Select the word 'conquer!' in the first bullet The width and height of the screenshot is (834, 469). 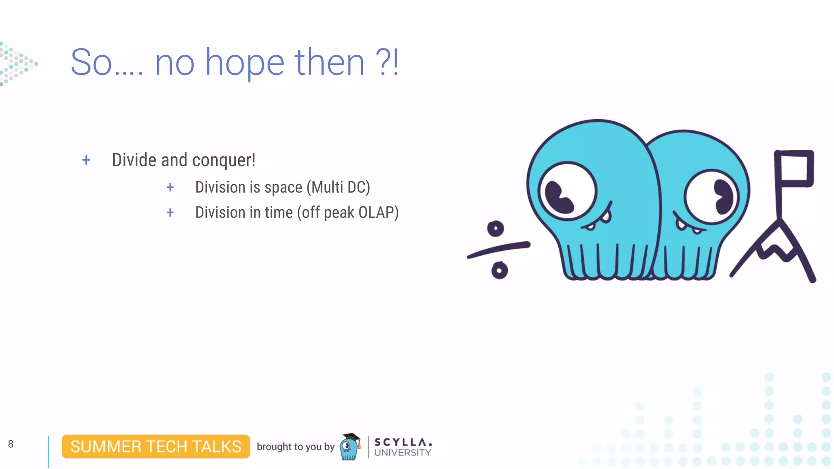224,160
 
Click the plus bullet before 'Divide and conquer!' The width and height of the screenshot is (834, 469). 86,160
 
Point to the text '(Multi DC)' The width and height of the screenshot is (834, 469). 338,187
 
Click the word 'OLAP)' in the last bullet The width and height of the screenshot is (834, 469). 378,213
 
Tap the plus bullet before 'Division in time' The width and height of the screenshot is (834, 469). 170,213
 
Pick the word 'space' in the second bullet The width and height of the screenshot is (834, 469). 283,188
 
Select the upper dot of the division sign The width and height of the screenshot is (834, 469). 496,229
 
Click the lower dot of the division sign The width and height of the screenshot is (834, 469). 499,270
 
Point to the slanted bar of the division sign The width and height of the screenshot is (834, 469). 498,250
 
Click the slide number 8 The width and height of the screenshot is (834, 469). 11,444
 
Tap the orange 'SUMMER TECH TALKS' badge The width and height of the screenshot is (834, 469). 156,447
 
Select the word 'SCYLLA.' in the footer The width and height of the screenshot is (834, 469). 403,442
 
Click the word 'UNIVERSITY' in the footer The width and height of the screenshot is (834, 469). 402,453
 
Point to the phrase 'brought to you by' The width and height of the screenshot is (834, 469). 295,447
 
